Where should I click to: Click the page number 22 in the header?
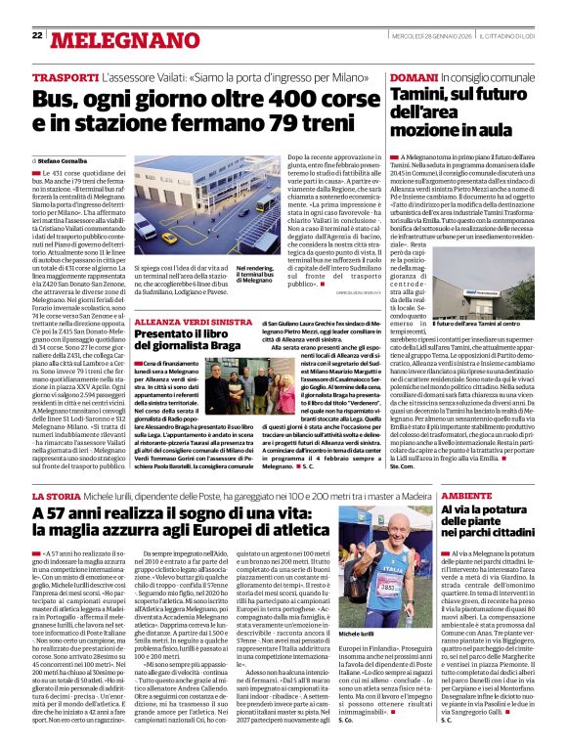(x=37, y=35)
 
